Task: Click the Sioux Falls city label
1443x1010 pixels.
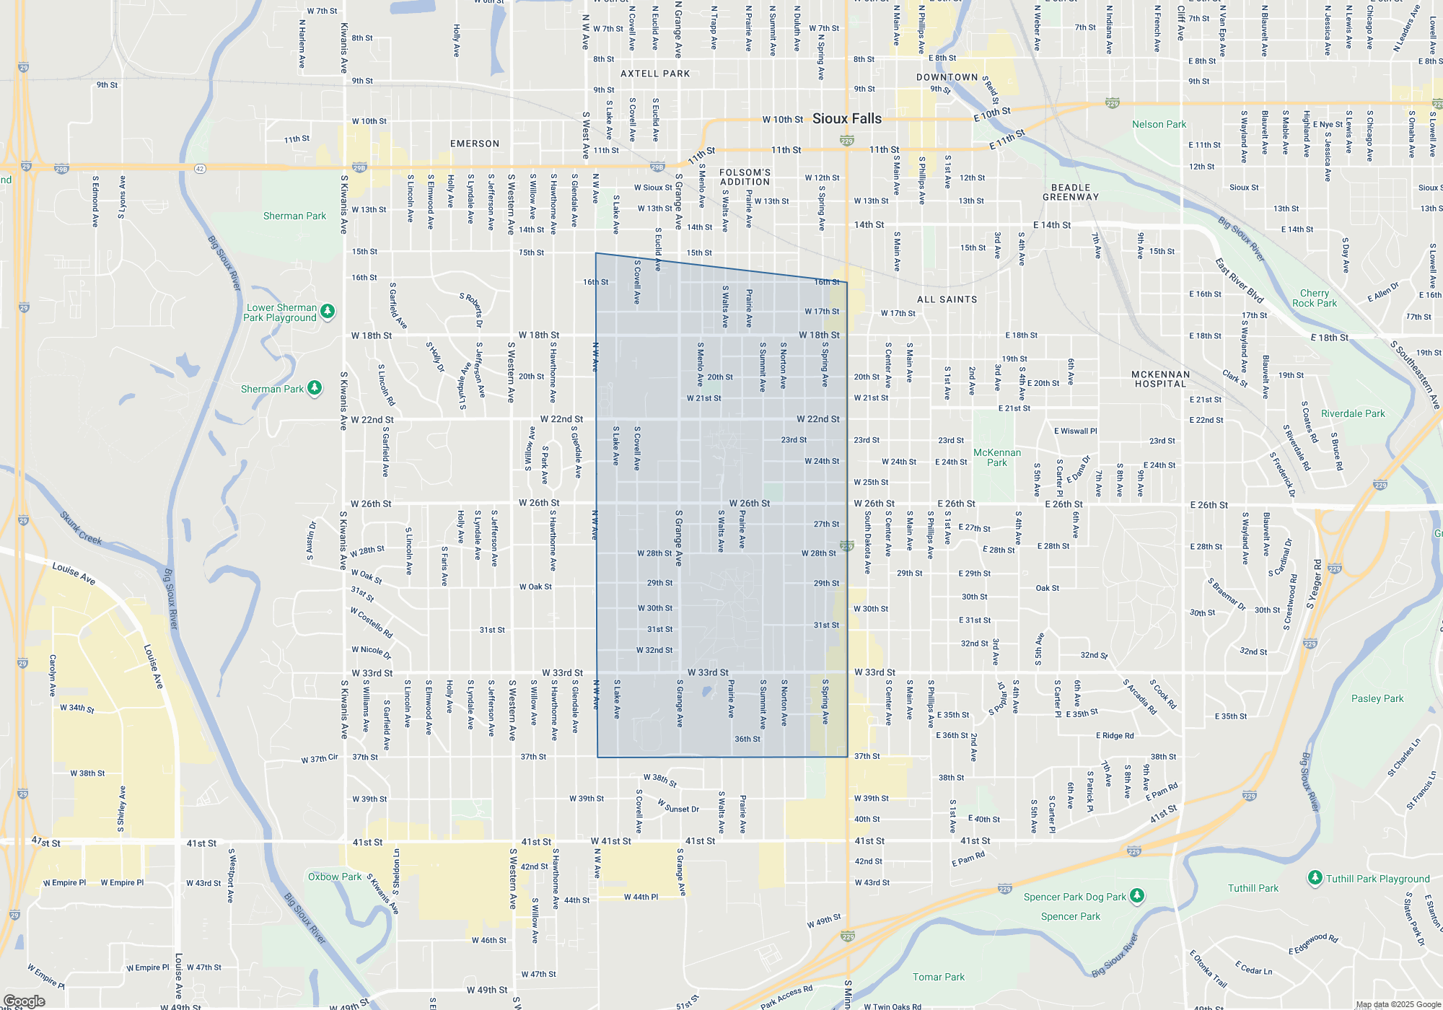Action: (847, 119)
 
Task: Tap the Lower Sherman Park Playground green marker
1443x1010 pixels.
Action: (328, 311)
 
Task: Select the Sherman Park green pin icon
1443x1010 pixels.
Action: (315, 388)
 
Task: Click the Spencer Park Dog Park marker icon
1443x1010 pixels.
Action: (1137, 895)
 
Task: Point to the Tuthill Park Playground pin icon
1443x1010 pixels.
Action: (1315, 877)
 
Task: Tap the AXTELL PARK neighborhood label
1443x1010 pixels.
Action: (655, 74)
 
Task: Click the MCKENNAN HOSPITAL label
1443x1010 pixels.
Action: (1160, 379)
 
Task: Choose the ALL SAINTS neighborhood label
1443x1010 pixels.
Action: (947, 299)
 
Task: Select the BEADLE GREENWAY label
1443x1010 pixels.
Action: (1071, 192)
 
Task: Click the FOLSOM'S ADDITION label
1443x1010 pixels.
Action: (745, 177)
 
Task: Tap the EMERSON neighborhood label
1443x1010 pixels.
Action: (475, 144)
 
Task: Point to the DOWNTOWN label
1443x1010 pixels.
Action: (947, 77)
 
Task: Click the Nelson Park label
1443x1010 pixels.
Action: (1159, 124)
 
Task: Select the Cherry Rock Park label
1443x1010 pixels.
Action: (1314, 298)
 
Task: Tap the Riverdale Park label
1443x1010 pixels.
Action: (1353, 413)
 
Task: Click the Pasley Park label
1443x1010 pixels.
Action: (1377, 698)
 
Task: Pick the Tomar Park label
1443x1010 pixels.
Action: (938, 977)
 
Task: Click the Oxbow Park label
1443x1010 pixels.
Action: (335, 877)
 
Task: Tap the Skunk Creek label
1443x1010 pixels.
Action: (81, 528)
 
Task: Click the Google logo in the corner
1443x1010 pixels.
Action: (24, 1001)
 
